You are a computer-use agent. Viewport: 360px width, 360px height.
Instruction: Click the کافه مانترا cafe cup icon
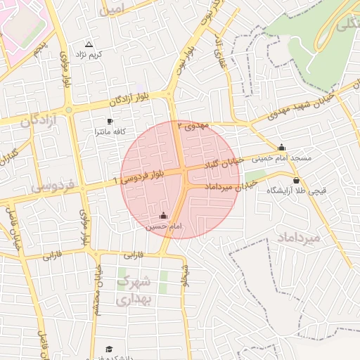pyautogui.click(x=109, y=121)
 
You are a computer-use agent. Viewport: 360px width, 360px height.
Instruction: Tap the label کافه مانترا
pyautogui.click(x=110, y=132)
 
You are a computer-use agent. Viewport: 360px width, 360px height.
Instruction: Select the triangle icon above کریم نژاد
pyautogui.click(x=89, y=44)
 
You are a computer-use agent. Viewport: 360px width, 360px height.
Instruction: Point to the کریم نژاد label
pyautogui.click(x=90, y=54)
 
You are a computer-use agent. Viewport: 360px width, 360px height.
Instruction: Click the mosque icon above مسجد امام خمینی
pyautogui.click(x=282, y=148)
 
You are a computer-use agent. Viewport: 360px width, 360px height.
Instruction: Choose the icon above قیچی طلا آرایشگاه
pyautogui.click(x=296, y=181)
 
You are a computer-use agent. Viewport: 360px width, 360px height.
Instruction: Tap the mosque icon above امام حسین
pyautogui.click(x=164, y=215)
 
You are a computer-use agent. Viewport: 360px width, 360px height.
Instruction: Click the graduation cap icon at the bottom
pyautogui.click(x=109, y=349)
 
